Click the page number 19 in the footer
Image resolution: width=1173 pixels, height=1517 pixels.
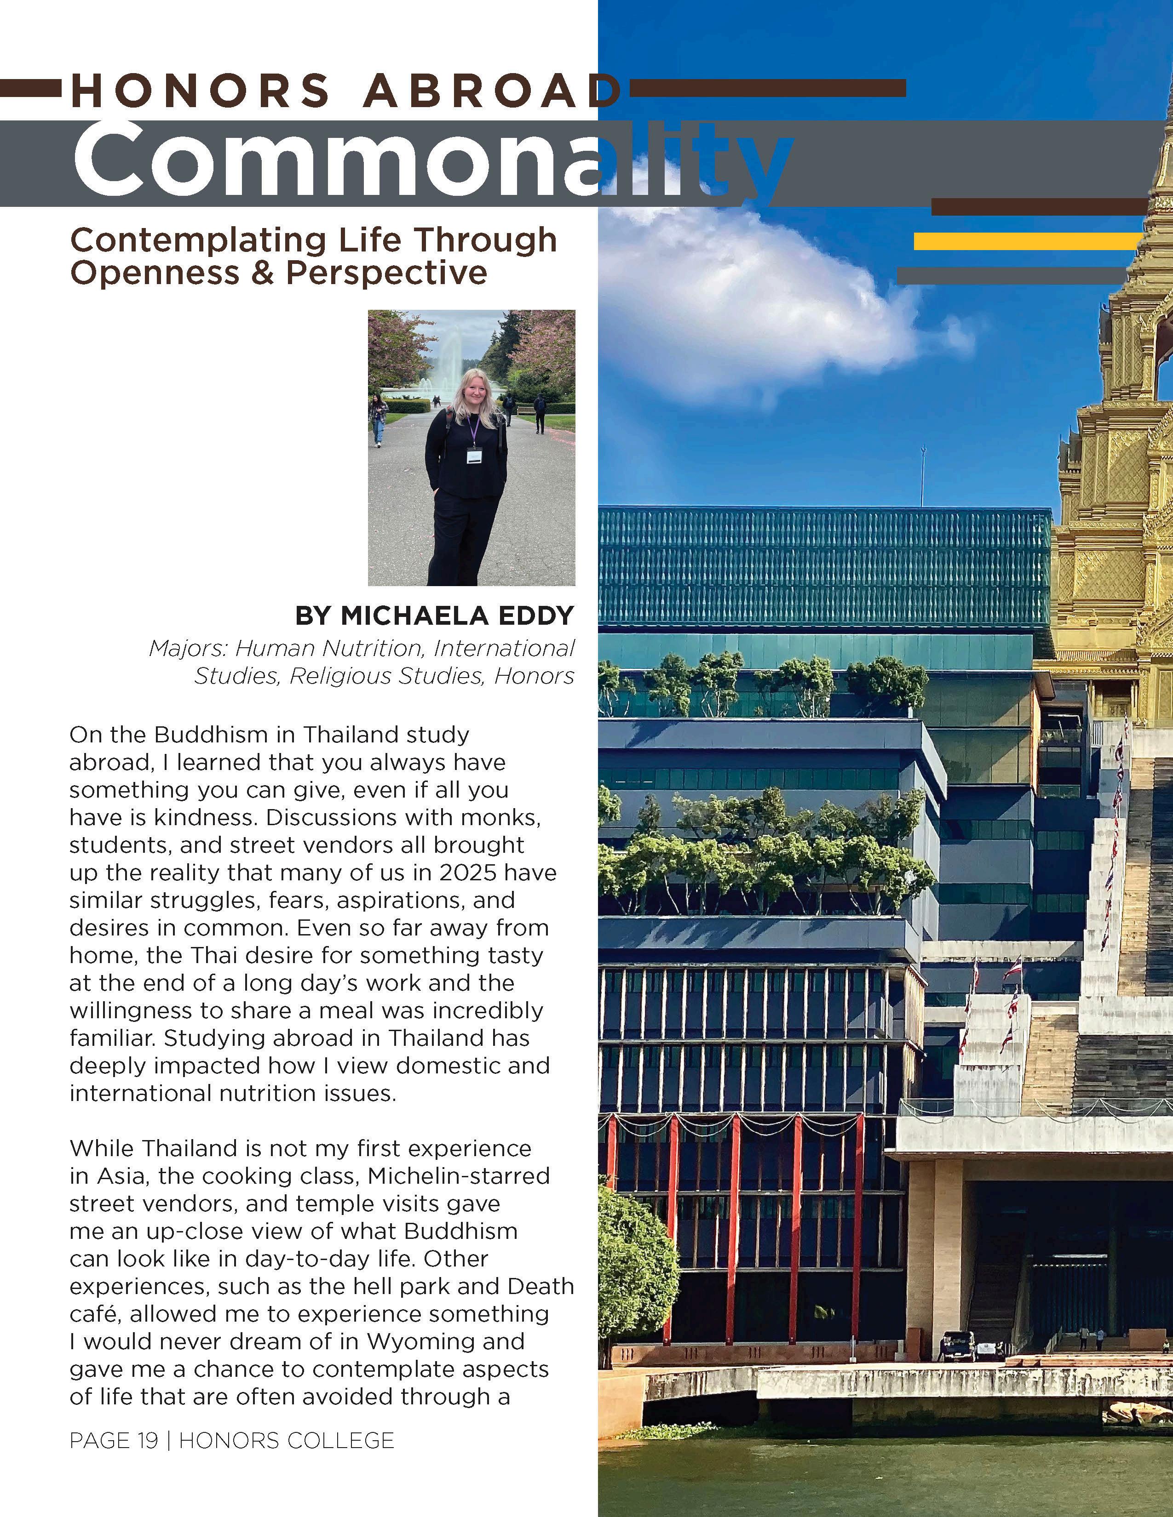(x=147, y=1441)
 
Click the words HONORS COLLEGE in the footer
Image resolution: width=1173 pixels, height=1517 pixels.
(x=286, y=1441)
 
